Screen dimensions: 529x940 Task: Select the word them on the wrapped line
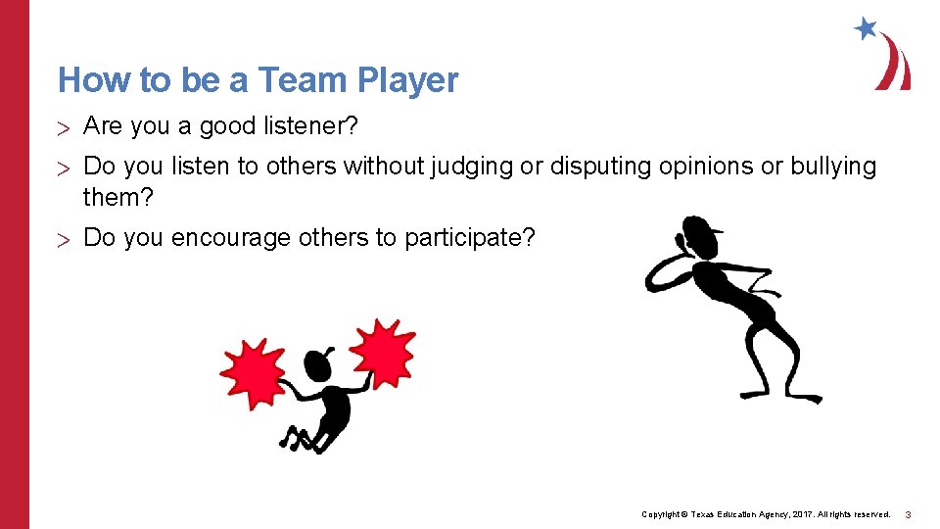coord(118,197)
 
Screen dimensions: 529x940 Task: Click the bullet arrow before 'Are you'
coord(64,127)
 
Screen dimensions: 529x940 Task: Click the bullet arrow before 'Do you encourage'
coord(64,239)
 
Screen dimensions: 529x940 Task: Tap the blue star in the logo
coord(866,28)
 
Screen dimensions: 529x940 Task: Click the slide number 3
coord(908,514)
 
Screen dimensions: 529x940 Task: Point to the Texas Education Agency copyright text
coord(765,514)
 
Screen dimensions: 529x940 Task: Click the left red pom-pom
coord(252,373)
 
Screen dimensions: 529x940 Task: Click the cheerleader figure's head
coord(319,365)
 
